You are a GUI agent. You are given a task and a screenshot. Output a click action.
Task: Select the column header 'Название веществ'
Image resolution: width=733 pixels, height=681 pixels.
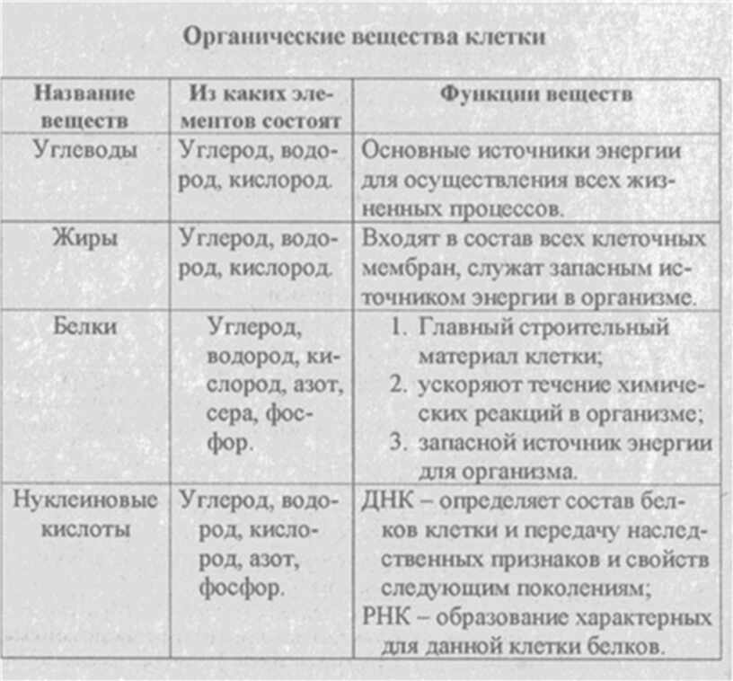(84, 105)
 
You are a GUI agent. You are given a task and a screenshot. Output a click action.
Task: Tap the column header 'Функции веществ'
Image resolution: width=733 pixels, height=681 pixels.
(535, 94)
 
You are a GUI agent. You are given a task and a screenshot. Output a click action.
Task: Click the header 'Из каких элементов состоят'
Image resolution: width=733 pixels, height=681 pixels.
(263, 105)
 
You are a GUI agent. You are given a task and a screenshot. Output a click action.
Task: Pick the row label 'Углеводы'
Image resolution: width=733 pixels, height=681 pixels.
(84, 150)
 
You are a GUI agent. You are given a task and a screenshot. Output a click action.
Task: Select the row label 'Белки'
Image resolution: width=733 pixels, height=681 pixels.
(84, 326)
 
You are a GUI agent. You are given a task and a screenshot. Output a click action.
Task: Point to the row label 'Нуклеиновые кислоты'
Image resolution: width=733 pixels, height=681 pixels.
(84, 515)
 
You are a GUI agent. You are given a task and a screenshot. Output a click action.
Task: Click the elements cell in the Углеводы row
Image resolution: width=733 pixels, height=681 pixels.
(261, 164)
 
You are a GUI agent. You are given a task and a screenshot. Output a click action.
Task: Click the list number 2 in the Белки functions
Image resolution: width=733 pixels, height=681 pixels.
(400, 385)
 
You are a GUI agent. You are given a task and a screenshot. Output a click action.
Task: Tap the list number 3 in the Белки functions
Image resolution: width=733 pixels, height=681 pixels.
(400, 443)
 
